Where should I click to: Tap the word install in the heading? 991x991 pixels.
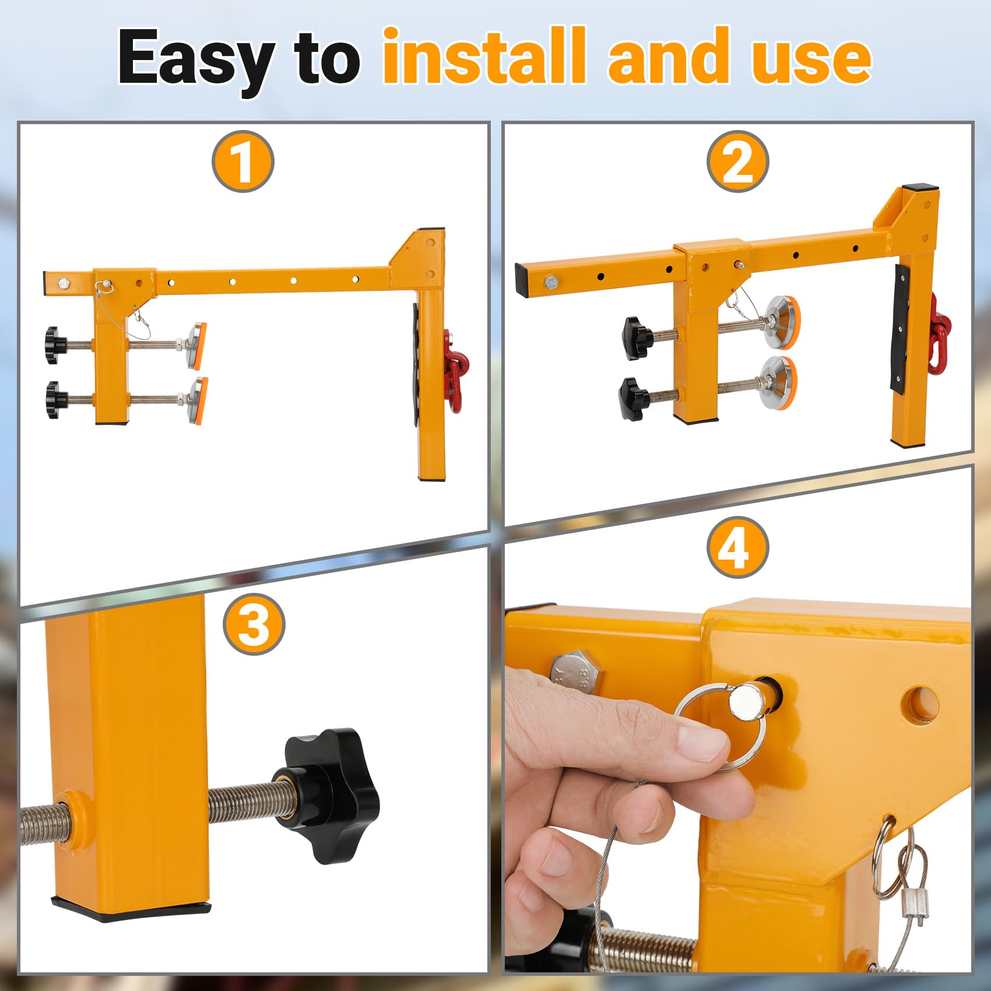click(x=483, y=57)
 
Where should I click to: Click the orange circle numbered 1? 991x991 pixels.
click(x=243, y=161)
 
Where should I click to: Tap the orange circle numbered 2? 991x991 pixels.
click(x=737, y=161)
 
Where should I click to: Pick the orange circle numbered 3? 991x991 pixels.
click(x=254, y=624)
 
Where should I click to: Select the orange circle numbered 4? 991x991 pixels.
click(x=737, y=547)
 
